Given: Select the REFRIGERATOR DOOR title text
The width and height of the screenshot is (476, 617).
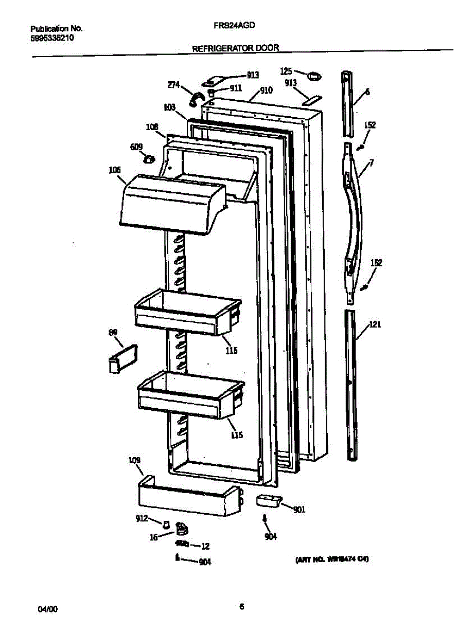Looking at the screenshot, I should (x=235, y=48).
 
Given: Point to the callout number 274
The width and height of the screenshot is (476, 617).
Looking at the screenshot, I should (x=173, y=85).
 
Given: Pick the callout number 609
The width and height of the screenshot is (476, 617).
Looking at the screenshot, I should (x=136, y=147).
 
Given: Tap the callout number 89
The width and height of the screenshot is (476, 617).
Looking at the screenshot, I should (x=113, y=333).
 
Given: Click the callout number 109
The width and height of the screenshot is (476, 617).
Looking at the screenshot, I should (x=134, y=460).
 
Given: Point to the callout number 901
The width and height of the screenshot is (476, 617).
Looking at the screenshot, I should (x=299, y=510).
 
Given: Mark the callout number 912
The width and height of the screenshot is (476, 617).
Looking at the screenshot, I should (x=142, y=518).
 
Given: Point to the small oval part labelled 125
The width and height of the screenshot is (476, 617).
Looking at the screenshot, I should (x=313, y=77).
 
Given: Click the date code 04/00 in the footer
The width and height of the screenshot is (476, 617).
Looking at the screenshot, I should (x=48, y=609).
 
